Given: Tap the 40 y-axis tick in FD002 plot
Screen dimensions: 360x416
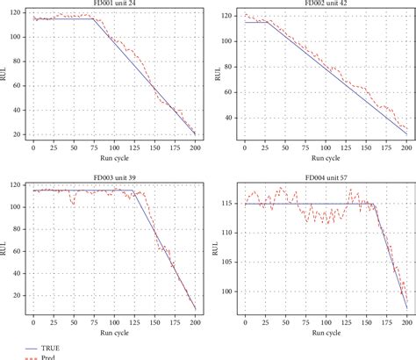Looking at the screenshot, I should tap(228, 118).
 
